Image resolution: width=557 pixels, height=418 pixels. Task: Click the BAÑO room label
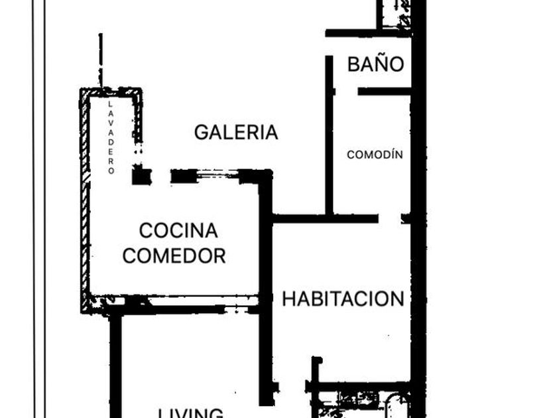(375, 64)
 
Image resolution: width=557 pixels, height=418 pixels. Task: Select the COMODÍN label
(375, 155)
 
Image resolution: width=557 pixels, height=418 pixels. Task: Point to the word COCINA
(178, 230)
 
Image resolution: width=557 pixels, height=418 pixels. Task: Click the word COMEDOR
(174, 255)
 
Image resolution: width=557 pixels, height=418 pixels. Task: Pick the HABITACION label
(343, 299)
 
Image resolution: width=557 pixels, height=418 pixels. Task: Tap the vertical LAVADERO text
(111, 138)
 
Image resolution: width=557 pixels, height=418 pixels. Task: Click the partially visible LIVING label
(190, 413)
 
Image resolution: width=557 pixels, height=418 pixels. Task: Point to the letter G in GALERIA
(201, 132)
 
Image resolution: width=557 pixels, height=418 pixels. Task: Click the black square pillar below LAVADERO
(141, 176)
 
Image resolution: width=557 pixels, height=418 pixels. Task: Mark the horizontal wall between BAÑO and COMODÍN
(385, 91)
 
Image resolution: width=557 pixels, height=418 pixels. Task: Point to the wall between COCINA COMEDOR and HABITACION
(266, 279)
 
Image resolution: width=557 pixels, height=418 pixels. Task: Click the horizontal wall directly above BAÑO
(368, 33)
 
